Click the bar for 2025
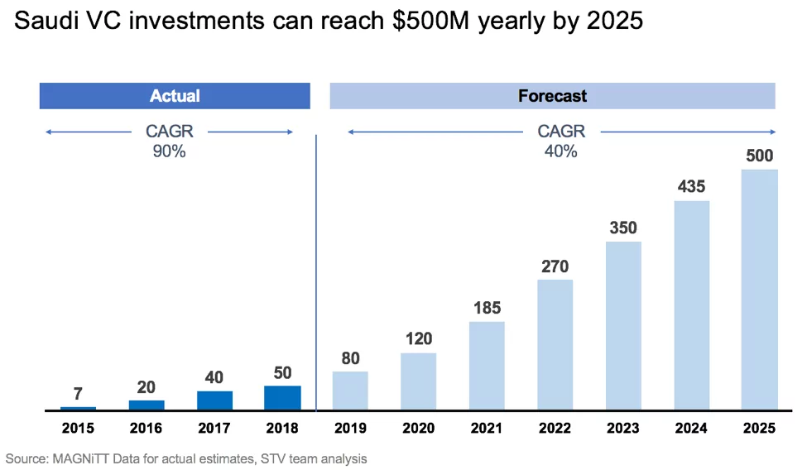(x=759, y=290)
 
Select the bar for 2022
(x=555, y=344)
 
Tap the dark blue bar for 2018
(x=282, y=398)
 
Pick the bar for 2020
(x=419, y=381)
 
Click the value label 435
(x=691, y=186)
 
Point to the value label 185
(x=487, y=308)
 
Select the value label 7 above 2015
(x=78, y=394)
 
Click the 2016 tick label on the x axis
(x=147, y=429)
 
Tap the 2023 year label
(x=622, y=429)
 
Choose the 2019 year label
(x=350, y=429)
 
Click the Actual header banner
(x=175, y=96)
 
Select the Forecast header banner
(x=552, y=96)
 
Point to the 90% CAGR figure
(x=169, y=151)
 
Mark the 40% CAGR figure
(x=560, y=151)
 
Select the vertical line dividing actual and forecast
(x=316, y=273)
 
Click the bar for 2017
(x=214, y=400)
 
